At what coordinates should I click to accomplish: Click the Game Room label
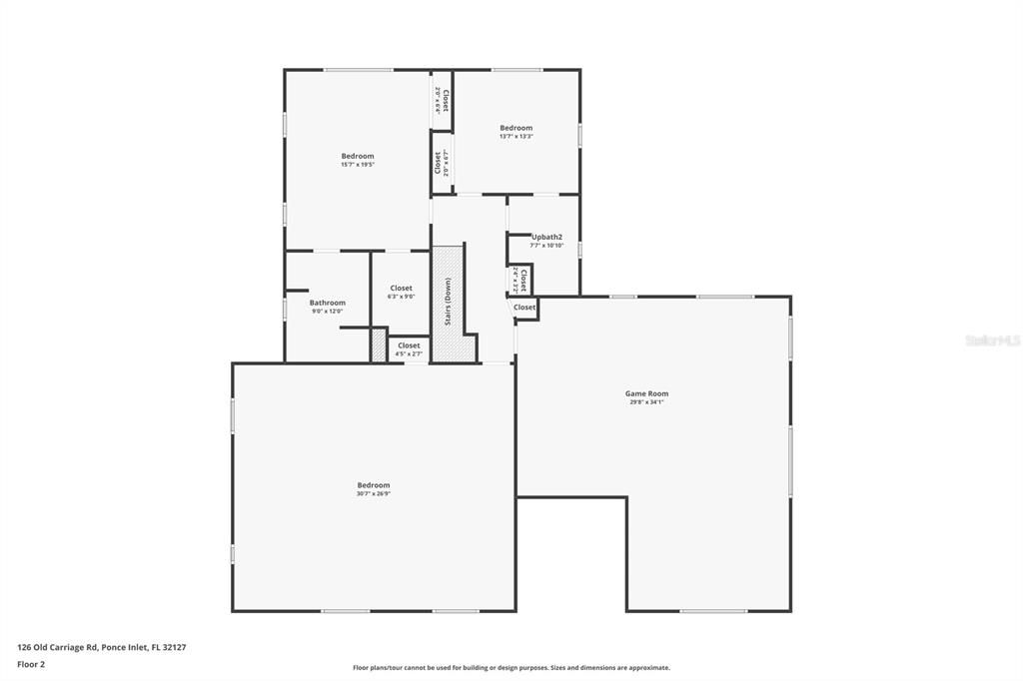click(x=646, y=393)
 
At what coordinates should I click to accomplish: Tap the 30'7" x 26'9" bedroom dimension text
click(x=374, y=493)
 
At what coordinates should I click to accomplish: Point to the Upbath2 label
click(x=546, y=237)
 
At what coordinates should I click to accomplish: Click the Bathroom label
click(x=327, y=303)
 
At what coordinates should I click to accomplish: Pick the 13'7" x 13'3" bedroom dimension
click(x=516, y=136)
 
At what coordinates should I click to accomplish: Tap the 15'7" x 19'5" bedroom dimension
click(x=358, y=165)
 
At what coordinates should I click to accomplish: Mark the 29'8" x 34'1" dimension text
click(x=646, y=402)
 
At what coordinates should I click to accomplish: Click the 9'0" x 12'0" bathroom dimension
click(x=327, y=312)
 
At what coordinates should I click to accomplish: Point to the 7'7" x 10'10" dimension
click(x=546, y=246)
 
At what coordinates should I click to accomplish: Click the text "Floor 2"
click(x=32, y=663)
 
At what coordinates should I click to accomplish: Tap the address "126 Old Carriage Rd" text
click(x=57, y=647)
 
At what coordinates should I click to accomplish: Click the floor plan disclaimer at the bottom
click(x=511, y=668)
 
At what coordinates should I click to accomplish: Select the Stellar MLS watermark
click(x=992, y=340)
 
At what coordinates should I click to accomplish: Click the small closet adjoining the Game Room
click(x=524, y=308)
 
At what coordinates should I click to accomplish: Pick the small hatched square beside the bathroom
click(x=378, y=345)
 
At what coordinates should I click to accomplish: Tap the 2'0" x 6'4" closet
click(x=442, y=100)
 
